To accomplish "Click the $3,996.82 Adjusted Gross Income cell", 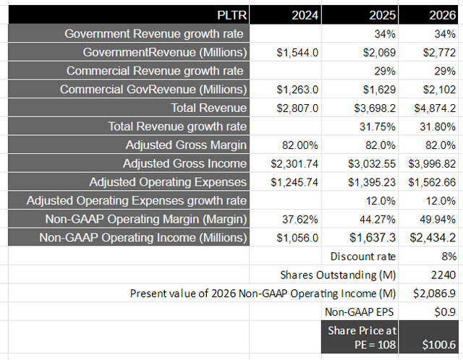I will coord(431,163).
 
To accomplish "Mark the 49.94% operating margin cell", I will coord(439,219).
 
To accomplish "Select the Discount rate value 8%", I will coord(449,256).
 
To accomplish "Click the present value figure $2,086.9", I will coord(436,293).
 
